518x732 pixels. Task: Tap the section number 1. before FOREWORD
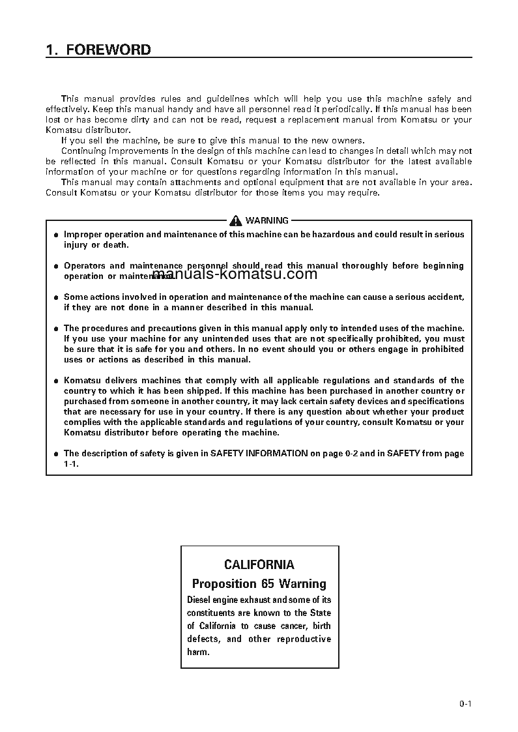tap(52, 50)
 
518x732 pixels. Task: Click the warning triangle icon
tap(235, 221)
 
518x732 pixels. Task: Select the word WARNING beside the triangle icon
tap(266, 221)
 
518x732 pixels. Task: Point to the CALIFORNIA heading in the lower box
tap(259, 565)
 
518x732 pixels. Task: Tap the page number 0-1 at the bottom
tap(465, 703)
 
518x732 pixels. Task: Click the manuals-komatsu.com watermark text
tap(234, 274)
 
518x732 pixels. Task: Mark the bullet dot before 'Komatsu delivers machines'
tap(56, 381)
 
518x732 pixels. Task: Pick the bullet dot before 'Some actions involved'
tap(56, 297)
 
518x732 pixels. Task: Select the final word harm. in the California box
tap(199, 652)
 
